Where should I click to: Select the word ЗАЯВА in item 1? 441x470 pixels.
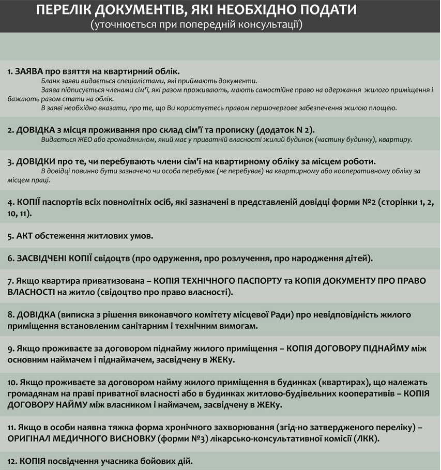click(29, 71)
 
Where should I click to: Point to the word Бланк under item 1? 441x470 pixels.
click(50, 81)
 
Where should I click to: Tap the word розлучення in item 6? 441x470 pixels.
click(269, 257)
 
